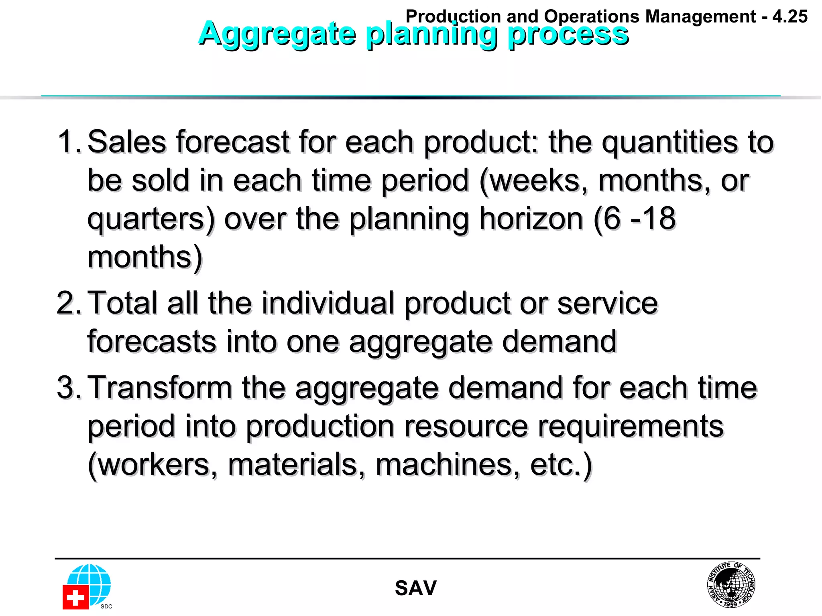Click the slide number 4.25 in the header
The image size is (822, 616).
tap(789, 16)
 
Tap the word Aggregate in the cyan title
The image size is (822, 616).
tap(277, 34)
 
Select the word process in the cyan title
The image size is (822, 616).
tap(568, 34)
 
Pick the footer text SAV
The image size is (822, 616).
tap(415, 588)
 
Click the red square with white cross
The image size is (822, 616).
tap(75, 597)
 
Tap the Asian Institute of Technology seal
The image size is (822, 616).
tap(731, 584)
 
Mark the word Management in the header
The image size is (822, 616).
tap(700, 16)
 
